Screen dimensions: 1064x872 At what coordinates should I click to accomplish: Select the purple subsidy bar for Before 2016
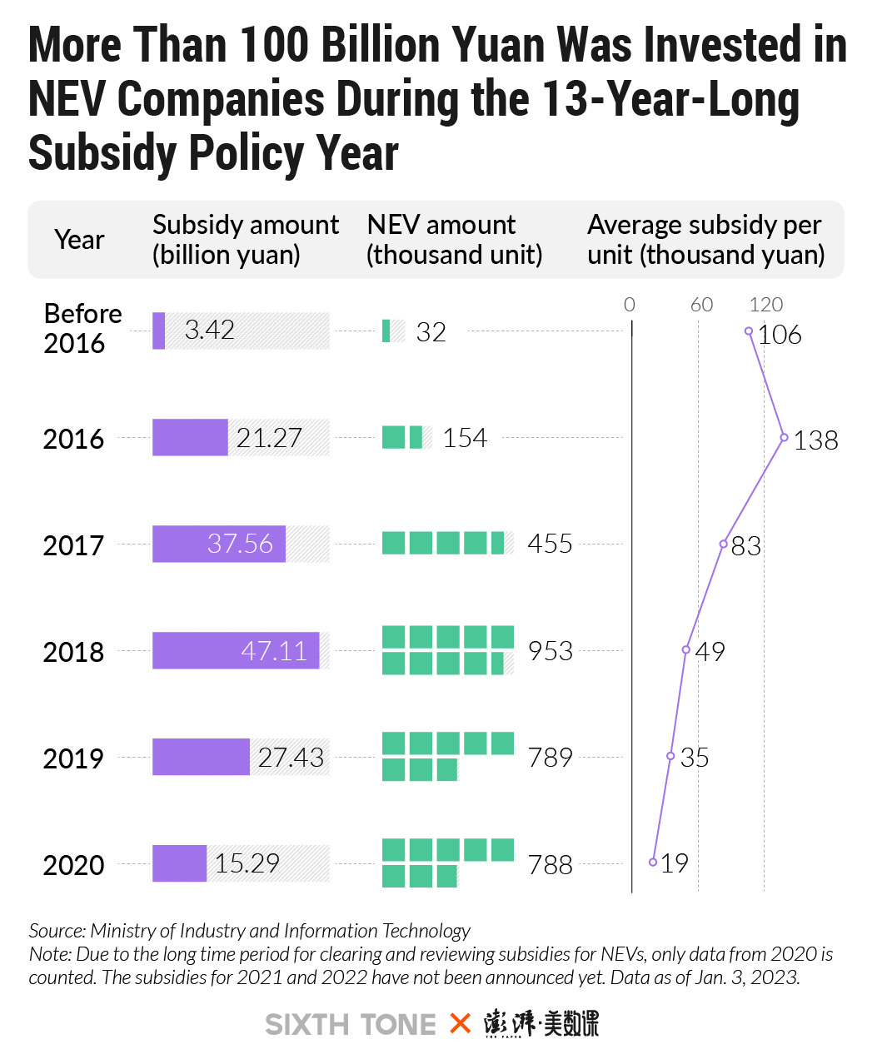(x=158, y=331)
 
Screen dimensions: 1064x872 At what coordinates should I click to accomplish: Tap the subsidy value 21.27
(x=269, y=438)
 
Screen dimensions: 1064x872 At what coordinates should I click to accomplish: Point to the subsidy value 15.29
(x=247, y=863)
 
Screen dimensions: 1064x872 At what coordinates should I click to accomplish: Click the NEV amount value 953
(x=550, y=650)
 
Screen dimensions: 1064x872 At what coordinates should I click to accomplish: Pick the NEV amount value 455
(x=550, y=544)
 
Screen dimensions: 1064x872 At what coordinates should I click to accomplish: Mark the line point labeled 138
(x=784, y=437)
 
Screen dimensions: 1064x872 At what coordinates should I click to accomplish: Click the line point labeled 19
(x=653, y=862)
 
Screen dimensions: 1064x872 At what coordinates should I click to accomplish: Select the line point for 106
(x=749, y=331)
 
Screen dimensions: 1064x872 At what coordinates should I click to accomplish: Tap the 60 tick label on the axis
(x=701, y=305)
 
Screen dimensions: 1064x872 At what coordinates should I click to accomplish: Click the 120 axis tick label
(x=765, y=305)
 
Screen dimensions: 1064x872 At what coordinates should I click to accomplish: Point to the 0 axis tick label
(x=630, y=305)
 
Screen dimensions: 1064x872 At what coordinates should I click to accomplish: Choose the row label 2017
(x=73, y=545)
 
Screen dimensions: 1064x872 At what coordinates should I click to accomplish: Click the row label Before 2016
(x=82, y=328)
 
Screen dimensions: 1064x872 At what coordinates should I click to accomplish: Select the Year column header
(x=79, y=240)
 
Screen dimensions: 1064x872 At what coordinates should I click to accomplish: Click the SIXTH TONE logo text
(x=351, y=1024)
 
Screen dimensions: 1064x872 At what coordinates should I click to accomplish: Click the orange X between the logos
(x=460, y=1023)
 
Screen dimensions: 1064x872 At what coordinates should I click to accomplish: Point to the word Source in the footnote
(x=56, y=931)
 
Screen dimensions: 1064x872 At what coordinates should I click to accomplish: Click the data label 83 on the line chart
(x=745, y=546)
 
